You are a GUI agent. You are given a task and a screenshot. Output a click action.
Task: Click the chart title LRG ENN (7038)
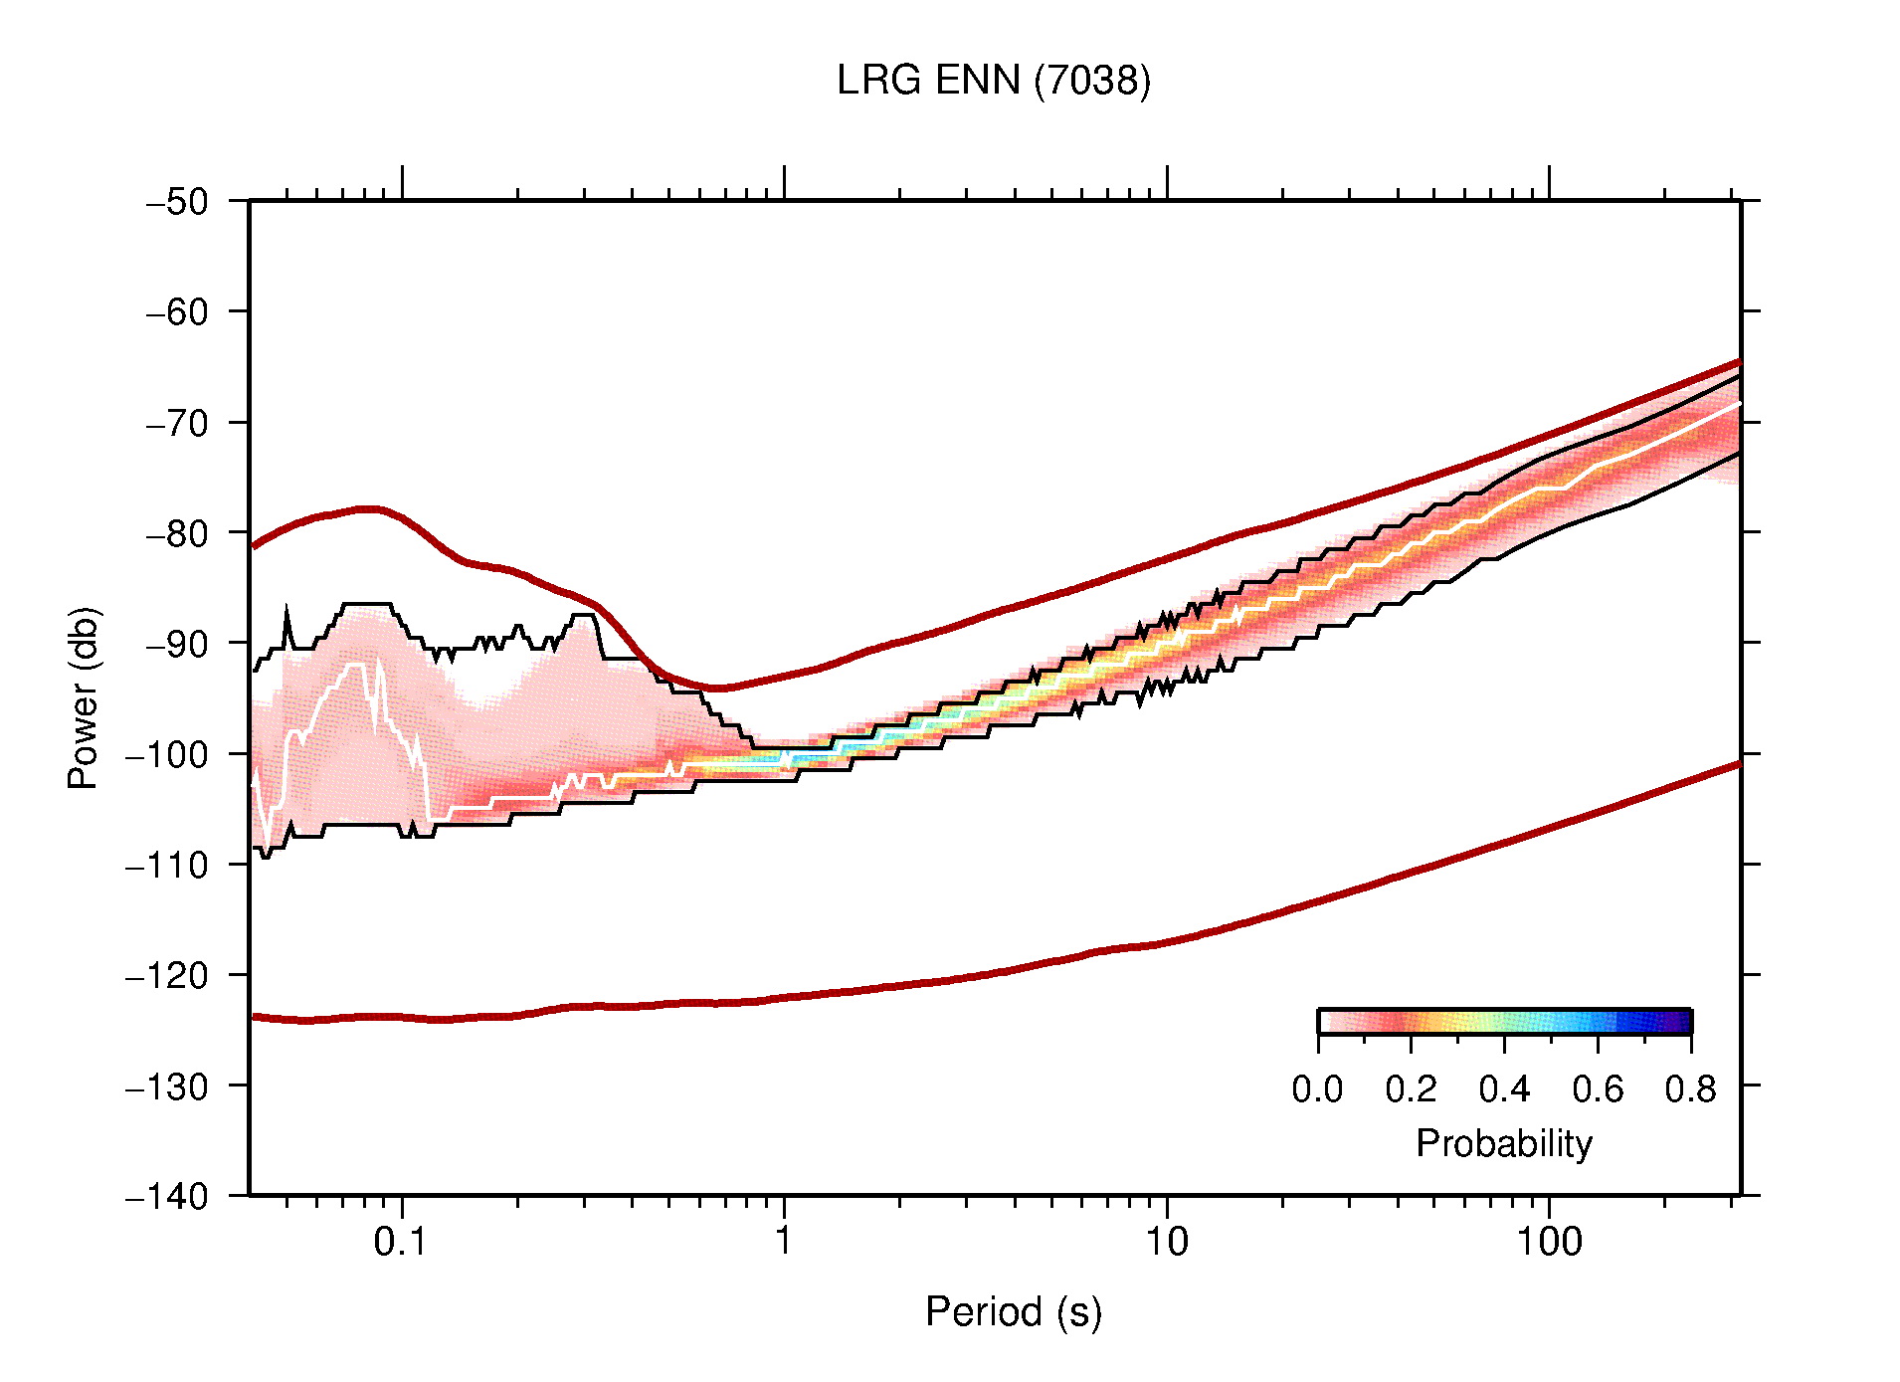tap(993, 81)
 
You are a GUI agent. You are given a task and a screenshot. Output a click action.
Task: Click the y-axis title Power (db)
tap(85, 697)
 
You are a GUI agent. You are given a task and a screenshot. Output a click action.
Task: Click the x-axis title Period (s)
tap(1013, 1312)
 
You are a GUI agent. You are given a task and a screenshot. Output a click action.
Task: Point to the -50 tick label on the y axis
tap(177, 202)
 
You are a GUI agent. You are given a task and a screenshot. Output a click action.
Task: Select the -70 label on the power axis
tap(177, 423)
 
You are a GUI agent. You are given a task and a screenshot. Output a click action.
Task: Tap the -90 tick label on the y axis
tap(177, 644)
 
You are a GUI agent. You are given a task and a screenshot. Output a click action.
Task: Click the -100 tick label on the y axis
tap(167, 754)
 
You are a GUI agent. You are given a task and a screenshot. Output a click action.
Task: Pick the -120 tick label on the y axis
tap(167, 975)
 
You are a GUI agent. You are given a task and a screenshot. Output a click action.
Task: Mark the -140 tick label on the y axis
tap(167, 1196)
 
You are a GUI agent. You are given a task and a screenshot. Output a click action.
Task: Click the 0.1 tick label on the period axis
tap(400, 1242)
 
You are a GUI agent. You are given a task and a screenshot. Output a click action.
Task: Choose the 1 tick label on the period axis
tap(784, 1242)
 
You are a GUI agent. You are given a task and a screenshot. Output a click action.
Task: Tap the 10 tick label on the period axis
tap(1166, 1242)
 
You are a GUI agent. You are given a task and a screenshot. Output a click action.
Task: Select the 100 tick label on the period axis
tap(1548, 1242)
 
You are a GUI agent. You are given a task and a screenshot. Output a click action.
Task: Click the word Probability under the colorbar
tap(1503, 1144)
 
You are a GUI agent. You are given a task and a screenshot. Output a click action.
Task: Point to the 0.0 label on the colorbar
tap(1317, 1089)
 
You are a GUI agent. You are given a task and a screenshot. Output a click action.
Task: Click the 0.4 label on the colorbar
tap(1504, 1089)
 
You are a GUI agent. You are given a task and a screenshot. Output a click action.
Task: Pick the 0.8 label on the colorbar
tap(1690, 1089)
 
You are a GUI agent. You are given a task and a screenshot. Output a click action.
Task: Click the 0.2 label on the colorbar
tap(1411, 1089)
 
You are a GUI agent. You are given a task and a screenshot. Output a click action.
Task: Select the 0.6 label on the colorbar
tap(1598, 1089)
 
